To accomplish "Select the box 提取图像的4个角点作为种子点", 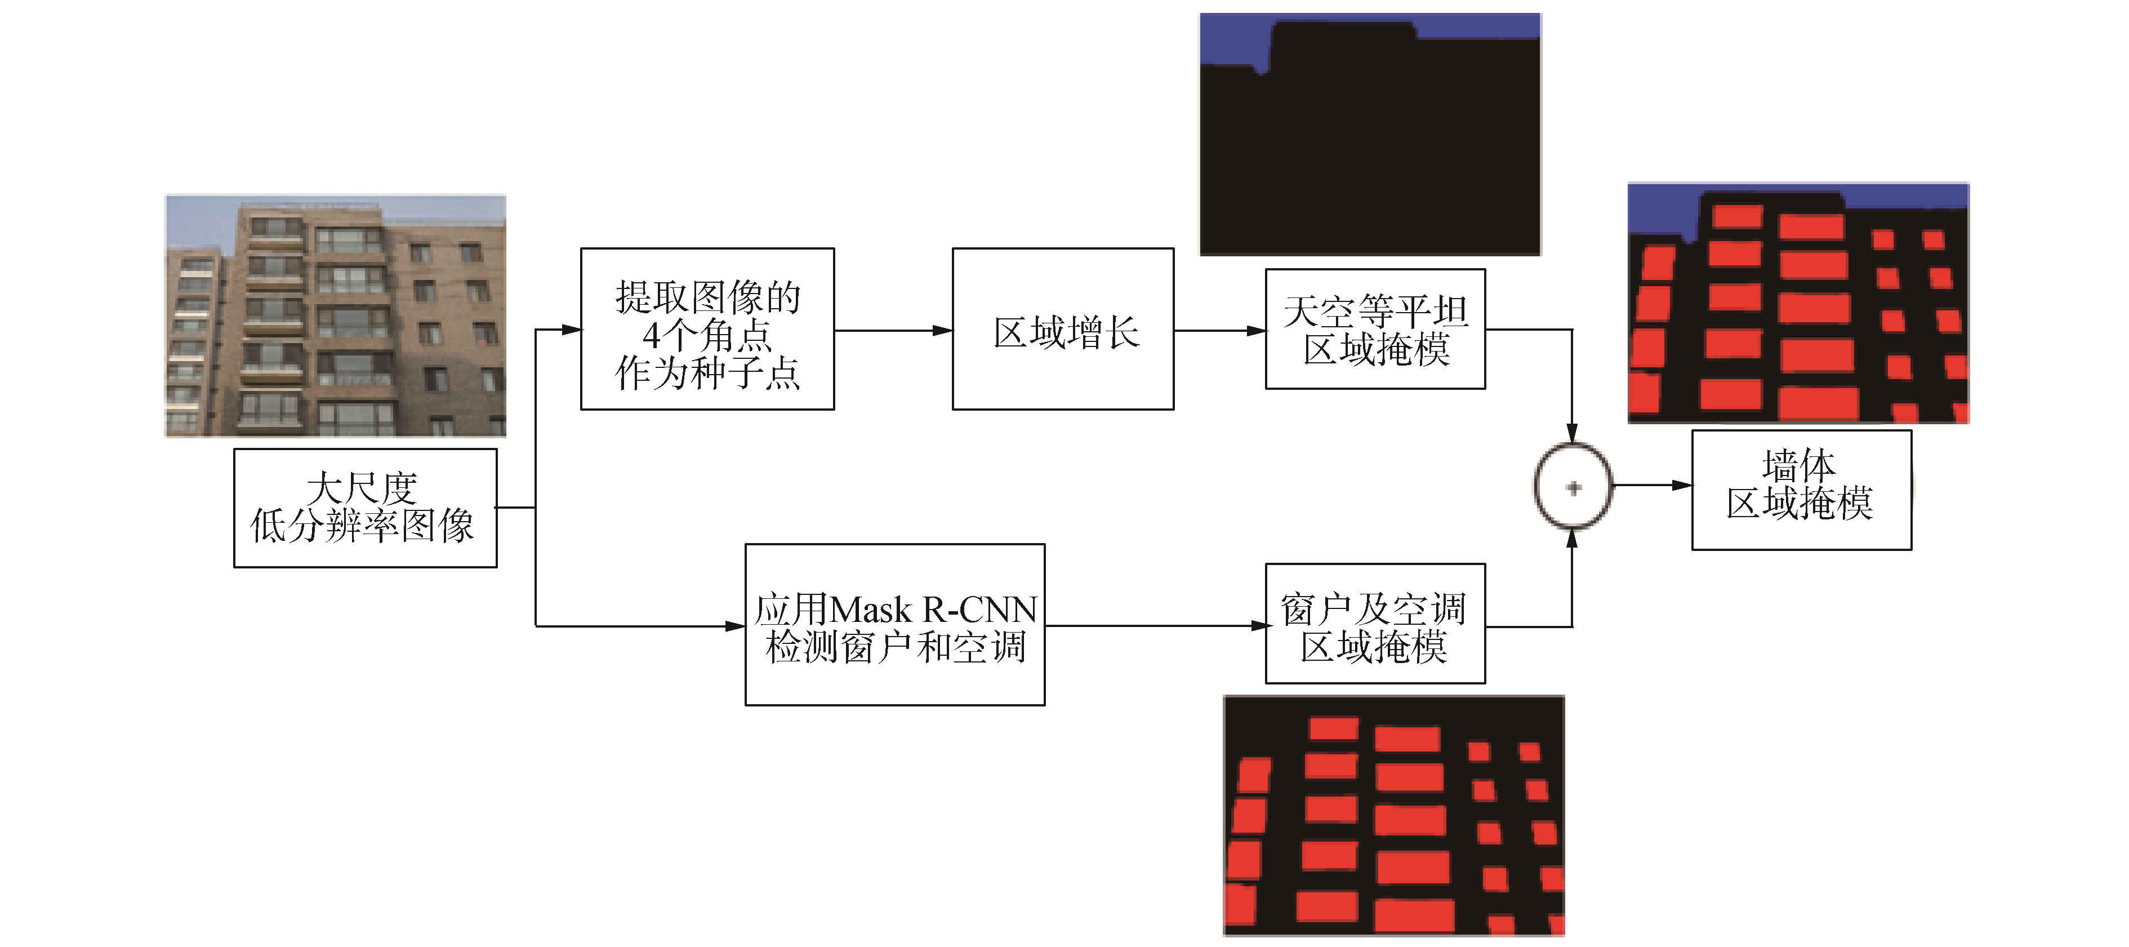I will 707,329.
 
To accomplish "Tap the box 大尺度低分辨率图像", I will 366,508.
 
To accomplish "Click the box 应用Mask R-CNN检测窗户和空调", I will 895,625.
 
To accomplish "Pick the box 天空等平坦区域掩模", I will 1375,329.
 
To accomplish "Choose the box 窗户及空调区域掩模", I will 1375,624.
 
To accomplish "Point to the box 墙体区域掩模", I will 1802,489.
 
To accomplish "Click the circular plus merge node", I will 1573,487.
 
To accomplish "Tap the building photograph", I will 336,315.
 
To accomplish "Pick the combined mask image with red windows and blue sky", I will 1798,303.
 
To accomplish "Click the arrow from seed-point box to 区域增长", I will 893,331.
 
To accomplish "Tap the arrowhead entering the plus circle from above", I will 1572,434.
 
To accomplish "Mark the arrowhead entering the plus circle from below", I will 1572,539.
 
